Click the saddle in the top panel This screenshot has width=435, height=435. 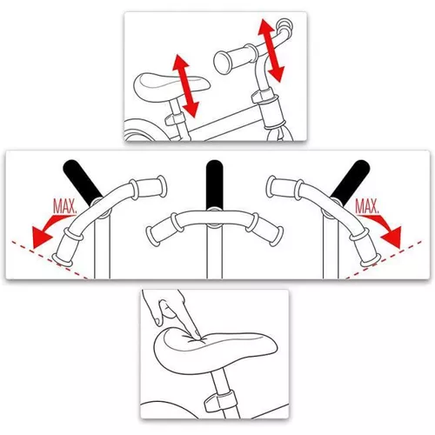point(171,87)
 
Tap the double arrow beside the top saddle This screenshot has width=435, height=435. point(185,86)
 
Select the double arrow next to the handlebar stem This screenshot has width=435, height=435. point(271,50)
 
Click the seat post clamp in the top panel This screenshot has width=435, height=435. point(175,119)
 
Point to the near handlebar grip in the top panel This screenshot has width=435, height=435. point(235,58)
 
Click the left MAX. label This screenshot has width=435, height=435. point(65,206)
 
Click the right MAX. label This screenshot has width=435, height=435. point(367,206)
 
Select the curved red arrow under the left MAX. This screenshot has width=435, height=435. point(50,226)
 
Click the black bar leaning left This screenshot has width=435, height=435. point(82,181)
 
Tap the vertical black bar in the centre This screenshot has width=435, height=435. point(214,184)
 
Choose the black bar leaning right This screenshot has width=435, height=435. point(351,181)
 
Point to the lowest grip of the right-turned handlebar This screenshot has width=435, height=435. point(365,247)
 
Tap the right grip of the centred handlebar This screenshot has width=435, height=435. point(264,228)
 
